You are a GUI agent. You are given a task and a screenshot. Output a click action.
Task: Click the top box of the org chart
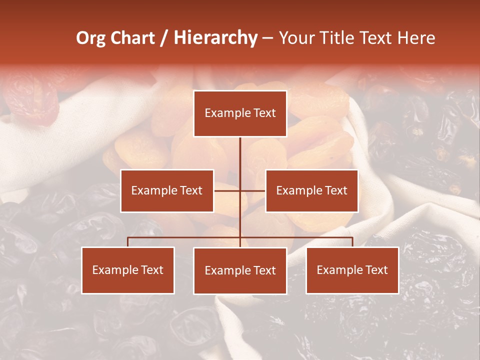240,113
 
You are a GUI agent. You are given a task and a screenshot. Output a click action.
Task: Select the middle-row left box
167,190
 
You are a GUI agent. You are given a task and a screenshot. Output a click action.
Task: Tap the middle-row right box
311,190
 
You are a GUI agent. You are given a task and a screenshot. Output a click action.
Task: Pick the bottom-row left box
128,270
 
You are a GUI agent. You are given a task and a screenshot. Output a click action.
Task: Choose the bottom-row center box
240,270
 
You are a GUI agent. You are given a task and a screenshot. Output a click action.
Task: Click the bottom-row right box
352,270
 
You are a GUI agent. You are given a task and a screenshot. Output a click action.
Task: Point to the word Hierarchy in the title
215,38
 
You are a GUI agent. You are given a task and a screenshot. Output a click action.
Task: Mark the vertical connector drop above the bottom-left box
128,242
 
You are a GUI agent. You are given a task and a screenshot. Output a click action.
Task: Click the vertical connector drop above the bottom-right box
352,242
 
